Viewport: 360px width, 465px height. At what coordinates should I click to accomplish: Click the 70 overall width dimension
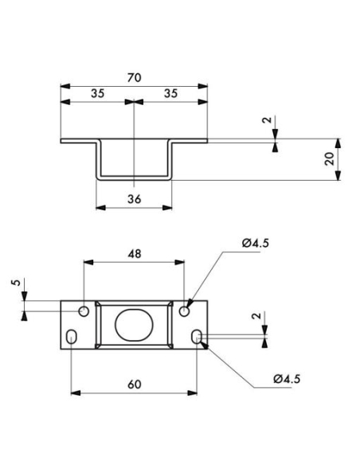coord(134,77)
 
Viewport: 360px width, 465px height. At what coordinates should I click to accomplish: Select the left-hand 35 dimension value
coord(97,93)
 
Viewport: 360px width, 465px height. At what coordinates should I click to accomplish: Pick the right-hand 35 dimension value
coord(170,93)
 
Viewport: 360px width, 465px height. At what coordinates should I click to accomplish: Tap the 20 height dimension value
coord(329,158)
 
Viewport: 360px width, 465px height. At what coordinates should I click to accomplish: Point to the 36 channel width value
coord(134,199)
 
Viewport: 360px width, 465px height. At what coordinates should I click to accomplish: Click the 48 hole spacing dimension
coord(134,254)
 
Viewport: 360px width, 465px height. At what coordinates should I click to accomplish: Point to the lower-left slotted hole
coord(72,338)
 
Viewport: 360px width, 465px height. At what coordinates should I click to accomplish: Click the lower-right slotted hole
coord(196,338)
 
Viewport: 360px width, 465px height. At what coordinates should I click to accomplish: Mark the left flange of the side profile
coord(79,142)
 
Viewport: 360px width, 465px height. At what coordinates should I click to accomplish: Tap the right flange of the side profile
coord(190,142)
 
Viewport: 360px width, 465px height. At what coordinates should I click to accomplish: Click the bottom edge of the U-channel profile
coord(134,179)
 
